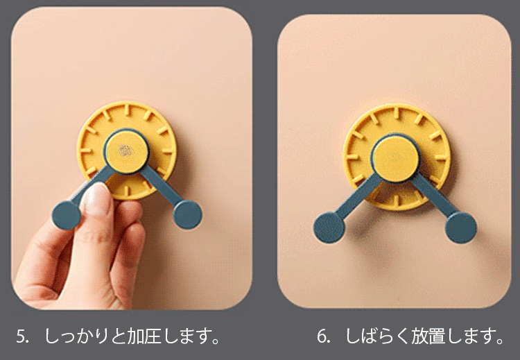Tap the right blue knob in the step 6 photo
click(460, 226)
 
